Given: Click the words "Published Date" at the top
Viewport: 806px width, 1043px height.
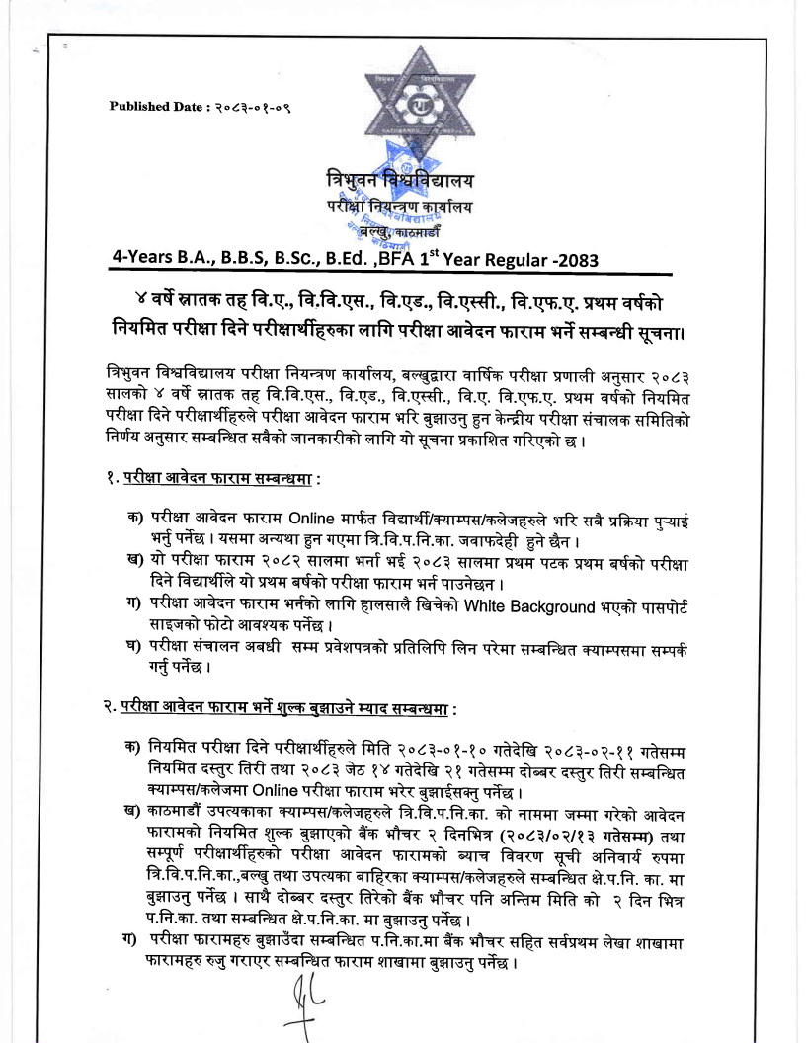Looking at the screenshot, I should [x=153, y=107].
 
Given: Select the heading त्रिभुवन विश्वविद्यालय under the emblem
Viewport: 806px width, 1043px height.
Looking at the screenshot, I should [x=400, y=181].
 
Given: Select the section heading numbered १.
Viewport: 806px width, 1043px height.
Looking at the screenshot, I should [x=212, y=479].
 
